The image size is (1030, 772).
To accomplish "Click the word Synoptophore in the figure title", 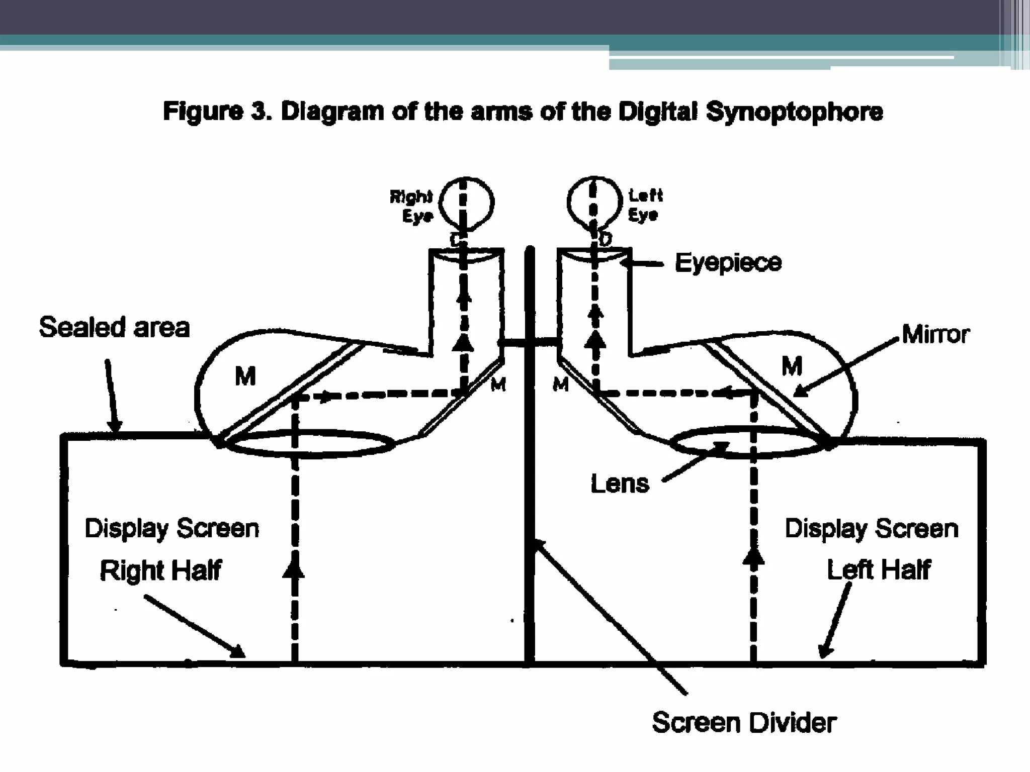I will (x=794, y=112).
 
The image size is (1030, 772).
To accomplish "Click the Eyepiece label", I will (x=728, y=263).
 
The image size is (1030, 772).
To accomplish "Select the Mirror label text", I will (x=935, y=334).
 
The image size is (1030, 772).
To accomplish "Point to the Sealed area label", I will (x=114, y=328).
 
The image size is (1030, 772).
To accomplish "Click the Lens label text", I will (x=620, y=484).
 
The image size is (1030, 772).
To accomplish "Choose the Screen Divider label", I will (x=744, y=723).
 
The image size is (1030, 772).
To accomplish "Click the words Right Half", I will (x=160, y=570).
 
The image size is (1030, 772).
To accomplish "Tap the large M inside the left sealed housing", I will (x=245, y=376).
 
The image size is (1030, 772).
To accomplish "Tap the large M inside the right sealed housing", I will (x=792, y=366).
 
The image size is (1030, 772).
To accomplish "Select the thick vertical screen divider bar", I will (x=529, y=503).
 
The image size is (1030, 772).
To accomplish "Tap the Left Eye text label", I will (x=645, y=205).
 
